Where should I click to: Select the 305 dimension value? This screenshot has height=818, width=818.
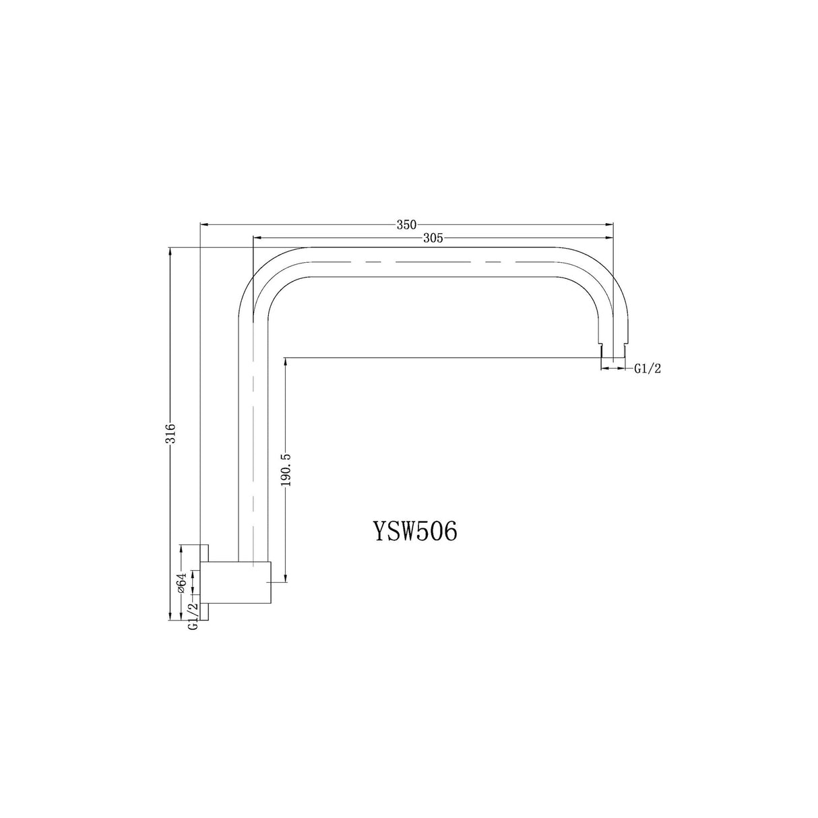433,238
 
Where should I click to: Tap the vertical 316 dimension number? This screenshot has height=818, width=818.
172,432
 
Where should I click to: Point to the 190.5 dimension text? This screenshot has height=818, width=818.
286,470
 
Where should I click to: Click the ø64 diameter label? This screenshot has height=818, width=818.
181,582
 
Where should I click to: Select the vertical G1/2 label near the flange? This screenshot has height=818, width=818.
193,616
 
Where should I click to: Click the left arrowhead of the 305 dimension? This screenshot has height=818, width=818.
256,238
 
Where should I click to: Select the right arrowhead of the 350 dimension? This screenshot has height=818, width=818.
610,224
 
